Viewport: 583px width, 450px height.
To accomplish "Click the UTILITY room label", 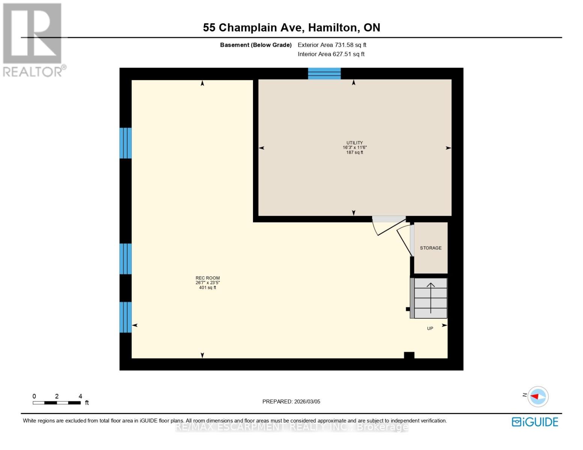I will coord(354,143).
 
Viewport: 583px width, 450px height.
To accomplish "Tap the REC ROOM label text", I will coord(208,278).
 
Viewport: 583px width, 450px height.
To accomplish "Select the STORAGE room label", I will coord(431,248).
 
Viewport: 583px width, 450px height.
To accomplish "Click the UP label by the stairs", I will coord(430,328).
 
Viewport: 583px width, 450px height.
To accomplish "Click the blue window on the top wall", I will coord(324,73).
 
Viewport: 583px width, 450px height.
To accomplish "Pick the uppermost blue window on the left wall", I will coord(126,143).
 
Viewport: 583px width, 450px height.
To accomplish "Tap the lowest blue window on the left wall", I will coord(126,317).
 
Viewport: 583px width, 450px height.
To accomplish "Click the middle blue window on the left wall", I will coord(126,259).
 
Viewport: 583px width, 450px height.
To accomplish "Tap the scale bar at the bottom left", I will coord(57,403).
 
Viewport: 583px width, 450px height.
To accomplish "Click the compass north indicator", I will coord(538,396).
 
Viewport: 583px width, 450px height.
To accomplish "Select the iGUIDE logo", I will coord(535,422).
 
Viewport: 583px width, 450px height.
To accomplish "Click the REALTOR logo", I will coord(33,39).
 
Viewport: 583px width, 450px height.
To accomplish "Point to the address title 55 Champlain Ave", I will coord(291,27).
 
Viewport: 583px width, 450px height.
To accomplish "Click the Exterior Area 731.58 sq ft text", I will coord(332,45).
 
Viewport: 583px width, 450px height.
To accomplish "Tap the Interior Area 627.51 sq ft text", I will coord(331,54).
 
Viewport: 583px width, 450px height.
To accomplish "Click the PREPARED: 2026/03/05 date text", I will coord(291,402).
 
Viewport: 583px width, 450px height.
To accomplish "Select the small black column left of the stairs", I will coord(408,309).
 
